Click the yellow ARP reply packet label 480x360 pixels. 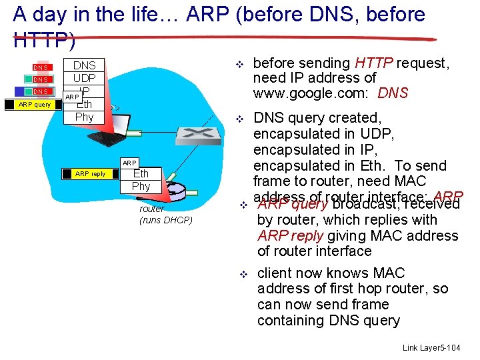(x=91, y=174)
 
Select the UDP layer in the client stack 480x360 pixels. (x=84, y=78)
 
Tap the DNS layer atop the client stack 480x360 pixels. (x=84, y=65)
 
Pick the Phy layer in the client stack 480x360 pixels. (x=84, y=117)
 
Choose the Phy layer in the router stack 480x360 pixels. (x=141, y=186)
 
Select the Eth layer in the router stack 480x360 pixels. (x=141, y=174)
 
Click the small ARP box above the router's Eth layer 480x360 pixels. (x=129, y=163)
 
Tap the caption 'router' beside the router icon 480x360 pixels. (x=151, y=209)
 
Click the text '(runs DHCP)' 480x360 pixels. (x=165, y=220)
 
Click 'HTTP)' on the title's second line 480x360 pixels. (x=44, y=41)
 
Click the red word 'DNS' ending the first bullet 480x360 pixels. (x=393, y=93)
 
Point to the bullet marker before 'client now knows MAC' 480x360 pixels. (x=244, y=274)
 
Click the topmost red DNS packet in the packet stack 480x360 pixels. (x=41, y=67)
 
